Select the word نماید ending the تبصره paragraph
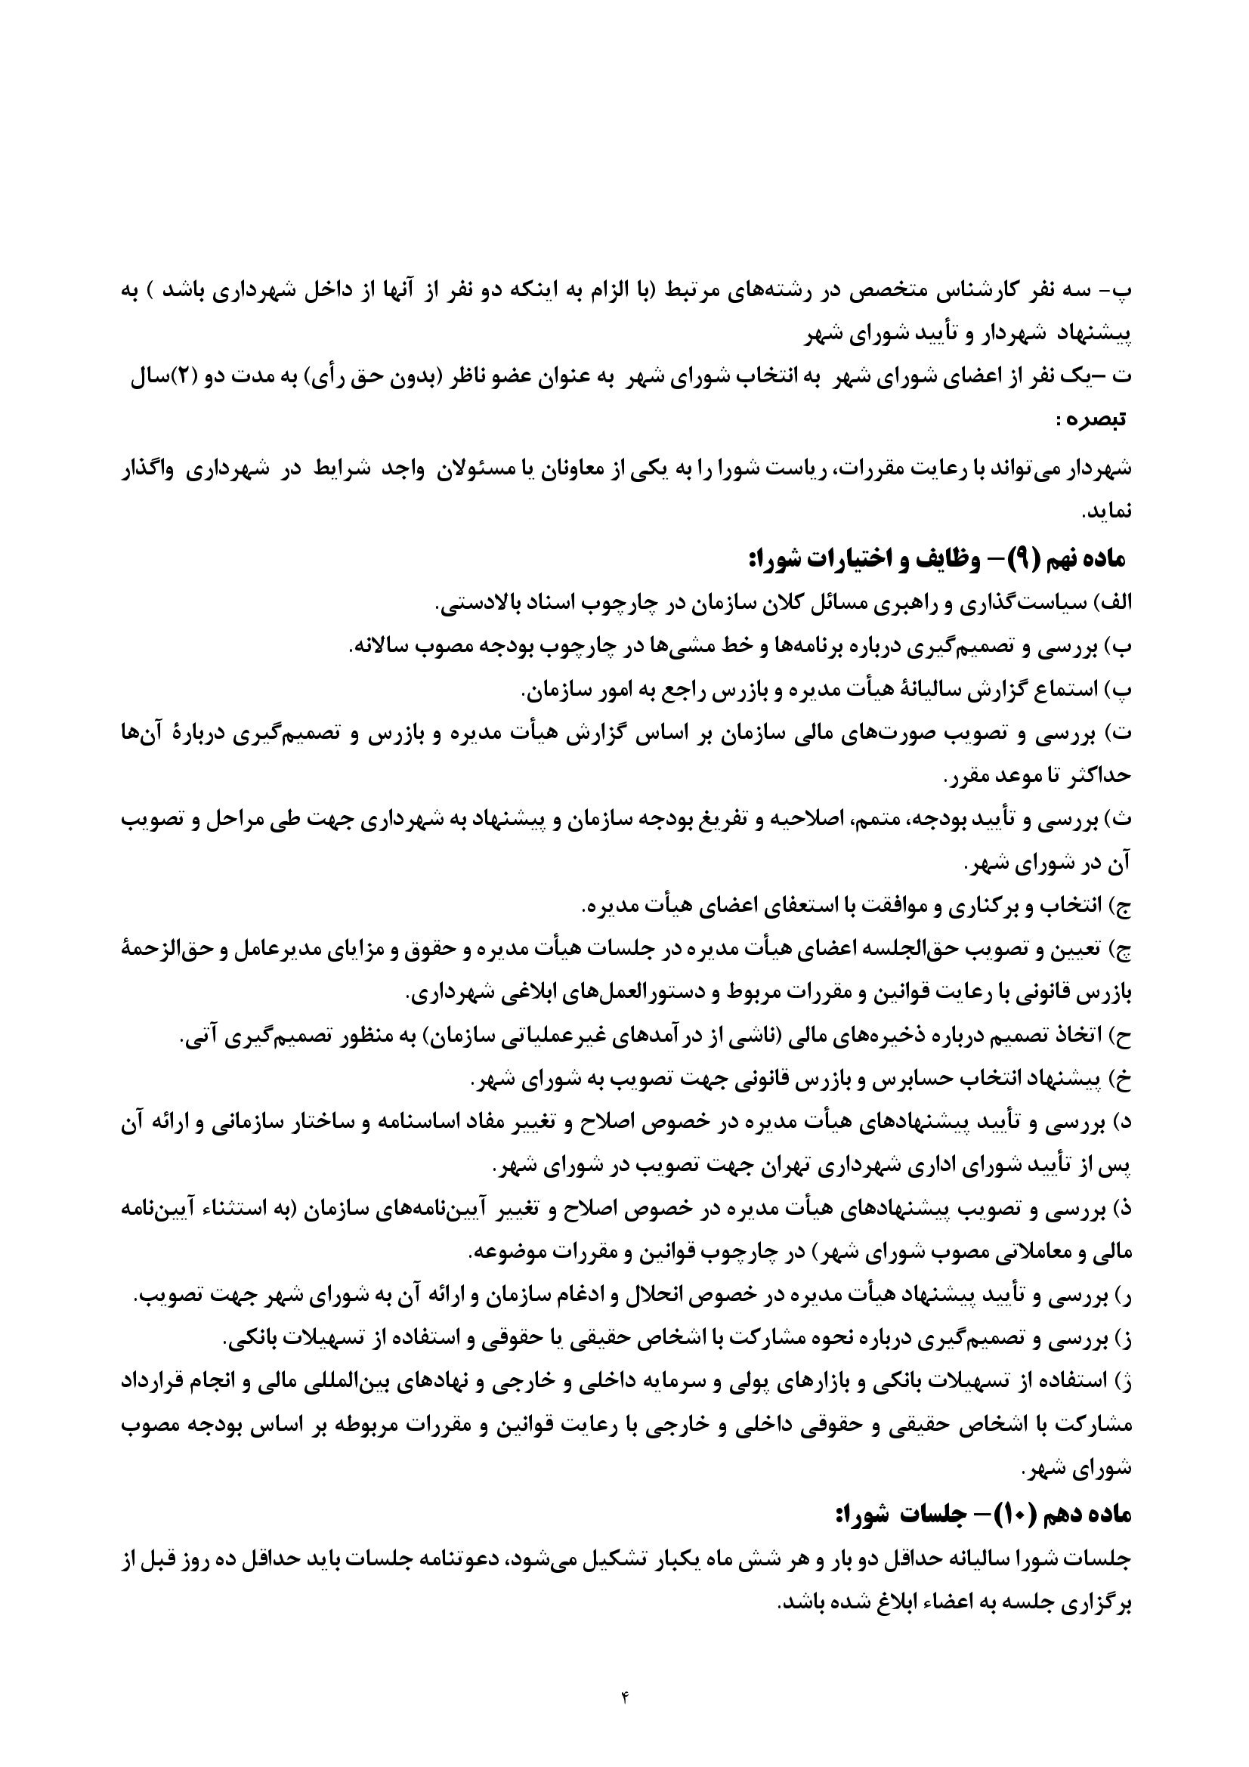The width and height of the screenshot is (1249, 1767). (1111, 511)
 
